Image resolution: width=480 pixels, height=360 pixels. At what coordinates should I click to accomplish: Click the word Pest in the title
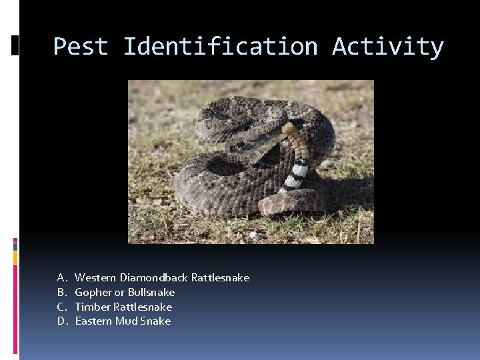(80, 47)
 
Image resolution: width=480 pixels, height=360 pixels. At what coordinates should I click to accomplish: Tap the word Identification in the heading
(221, 47)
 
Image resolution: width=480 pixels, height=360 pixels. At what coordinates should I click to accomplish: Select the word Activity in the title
(387, 47)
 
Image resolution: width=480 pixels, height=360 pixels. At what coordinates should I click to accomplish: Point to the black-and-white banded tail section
(296, 175)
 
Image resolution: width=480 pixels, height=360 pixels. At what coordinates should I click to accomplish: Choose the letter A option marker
(61, 277)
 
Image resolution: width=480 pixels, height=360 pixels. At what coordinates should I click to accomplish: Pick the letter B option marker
(61, 292)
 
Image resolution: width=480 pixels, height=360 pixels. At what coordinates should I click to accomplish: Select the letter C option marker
(61, 307)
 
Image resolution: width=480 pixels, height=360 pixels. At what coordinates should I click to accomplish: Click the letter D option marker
(61, 321)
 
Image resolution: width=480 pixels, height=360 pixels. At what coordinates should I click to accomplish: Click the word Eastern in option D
(93, 321)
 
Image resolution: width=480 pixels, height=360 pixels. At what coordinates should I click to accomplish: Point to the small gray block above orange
(15, 245)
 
